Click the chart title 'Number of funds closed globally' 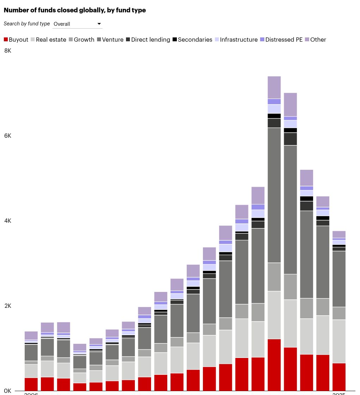pyautogui.click(x=74, y=10)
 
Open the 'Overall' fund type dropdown pyautogui.click(x=77, y=24)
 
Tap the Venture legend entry pyautogui.click(x=110, y=40)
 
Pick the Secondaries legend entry pyautogui.click(x=192, y=40)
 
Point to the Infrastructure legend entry pyautogui.click(x=236, y=40)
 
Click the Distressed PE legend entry pyautogui.click(x=281, y=40)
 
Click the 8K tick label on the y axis pyautogui.click(x=8, y=51)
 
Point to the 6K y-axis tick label pyautogui.click(x=8, y=136)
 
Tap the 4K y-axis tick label pyautogui.click(x=8, y=221)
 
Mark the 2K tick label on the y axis pyautogui.click(x=8, y=306)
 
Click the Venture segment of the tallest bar pyautogui.click(x=274, y=195)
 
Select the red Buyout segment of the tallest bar pyautogui.click(x=274, y=365)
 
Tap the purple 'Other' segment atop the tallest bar pyautogui.click(x=274, y=87)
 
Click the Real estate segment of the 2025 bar pyautogui.click(x=339, y=341)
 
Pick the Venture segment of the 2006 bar pyautogui.click(x=31, y=352)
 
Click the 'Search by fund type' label pyautogui.click(x=27, y=24)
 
